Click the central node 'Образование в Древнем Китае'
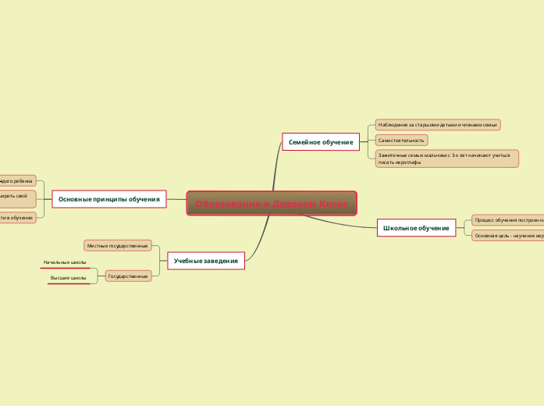point(272,204)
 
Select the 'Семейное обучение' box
point(320,142)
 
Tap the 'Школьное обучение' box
point(417,228)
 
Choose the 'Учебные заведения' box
point(206,260)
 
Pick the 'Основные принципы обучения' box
point(108,199)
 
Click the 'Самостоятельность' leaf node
point(401,141)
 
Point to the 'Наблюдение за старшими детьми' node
point(437,125)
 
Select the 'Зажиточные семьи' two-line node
point(446,158)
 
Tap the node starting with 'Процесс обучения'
point(508,221)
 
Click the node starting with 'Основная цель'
point(508,235)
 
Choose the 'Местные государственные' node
point(117,246)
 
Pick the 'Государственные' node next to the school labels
point(128,276)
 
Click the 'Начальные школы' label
point(65,262)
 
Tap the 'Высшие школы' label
point(68,278)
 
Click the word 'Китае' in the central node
point(334,204)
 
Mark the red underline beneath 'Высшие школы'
point(69,284)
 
